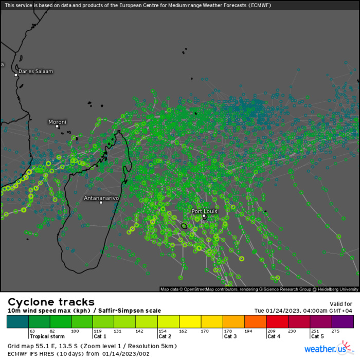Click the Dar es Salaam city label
[35, 71]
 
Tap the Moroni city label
[57, 122]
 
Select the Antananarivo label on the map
[101, 197]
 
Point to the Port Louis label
[204, 211]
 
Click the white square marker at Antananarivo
[101, 203]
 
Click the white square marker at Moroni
[58, 127]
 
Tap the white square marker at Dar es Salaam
[16, 75]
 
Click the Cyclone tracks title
[51, 302]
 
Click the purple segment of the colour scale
[343, 322]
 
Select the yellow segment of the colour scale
[190, 322]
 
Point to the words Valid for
[340, 304]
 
